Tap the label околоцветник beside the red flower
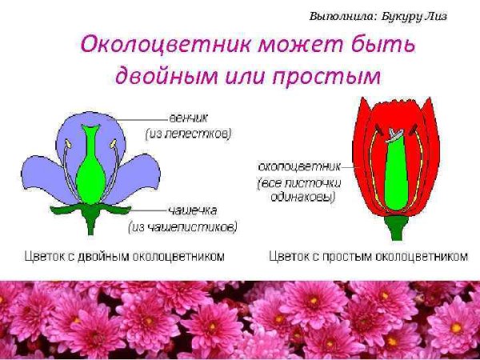coord(298,166)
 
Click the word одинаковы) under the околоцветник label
coord(298,195)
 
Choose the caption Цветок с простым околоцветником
coord(368,257)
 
